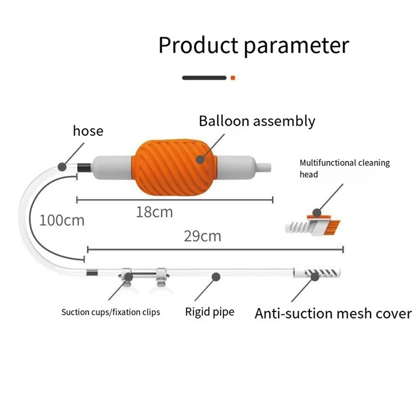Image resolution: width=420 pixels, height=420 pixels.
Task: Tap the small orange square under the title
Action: click(233, 78)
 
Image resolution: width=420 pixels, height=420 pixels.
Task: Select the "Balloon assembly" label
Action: click(257, 121)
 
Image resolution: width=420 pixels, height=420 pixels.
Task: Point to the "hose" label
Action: click(88, 130)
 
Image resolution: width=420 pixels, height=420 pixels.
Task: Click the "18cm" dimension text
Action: click(154, 212)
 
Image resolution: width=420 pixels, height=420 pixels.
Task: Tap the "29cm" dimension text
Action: click(203, 236)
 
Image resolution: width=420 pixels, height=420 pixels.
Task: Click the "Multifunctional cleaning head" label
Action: click(344, 168)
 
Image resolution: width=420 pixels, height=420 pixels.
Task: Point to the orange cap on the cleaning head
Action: click(317, 214)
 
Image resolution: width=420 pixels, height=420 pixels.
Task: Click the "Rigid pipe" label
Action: click(209, 312)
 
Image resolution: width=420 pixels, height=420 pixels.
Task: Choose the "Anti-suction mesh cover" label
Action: click(333, 313)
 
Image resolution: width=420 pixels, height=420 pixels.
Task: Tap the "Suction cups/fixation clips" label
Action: click(111, 312)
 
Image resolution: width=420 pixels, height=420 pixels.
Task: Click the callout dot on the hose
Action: click(62, 167)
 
